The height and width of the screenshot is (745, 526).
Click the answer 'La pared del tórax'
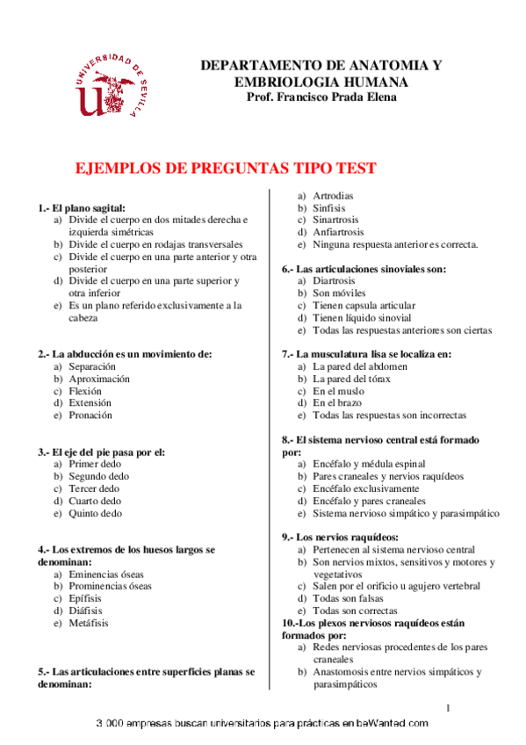(x=352, y=379)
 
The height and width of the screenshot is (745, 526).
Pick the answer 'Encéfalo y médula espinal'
(x=369, y=464)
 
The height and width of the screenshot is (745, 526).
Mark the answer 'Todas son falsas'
(x=349, y=598)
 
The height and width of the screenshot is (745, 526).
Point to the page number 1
(x=448, y=707)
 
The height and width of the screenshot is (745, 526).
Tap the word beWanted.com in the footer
(x=393, y=723)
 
